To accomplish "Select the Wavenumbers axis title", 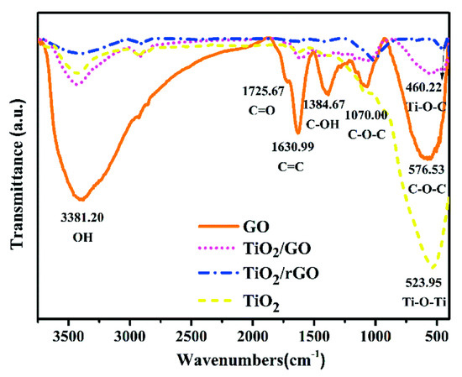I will click(247, 359).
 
